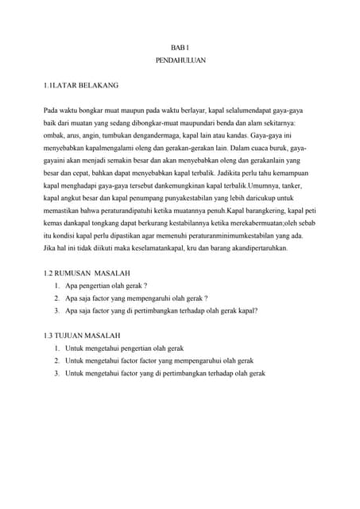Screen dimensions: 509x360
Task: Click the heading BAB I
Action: (180, 48)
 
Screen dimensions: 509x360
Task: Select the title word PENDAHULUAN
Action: (180, 61)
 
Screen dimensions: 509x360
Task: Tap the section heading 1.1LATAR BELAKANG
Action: (82, 84)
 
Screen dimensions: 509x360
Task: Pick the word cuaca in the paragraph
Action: (224, 150)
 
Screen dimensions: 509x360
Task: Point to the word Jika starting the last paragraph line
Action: (50, 249)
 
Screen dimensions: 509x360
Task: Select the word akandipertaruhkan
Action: (254, 249)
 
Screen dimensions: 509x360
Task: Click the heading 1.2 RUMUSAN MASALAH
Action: (87, 273)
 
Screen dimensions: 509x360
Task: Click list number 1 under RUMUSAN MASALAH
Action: (58, 286)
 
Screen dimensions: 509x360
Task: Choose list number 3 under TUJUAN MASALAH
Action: (58, 373)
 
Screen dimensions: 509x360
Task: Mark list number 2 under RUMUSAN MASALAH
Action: (58, 298)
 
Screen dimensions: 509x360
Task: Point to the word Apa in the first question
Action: (73, 286)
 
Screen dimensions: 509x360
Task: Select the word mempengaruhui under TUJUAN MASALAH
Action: (199, 360)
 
